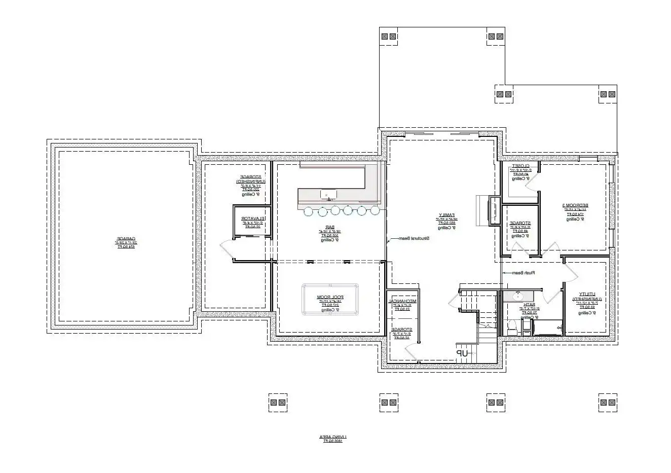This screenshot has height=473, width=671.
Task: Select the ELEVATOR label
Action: point(252,219)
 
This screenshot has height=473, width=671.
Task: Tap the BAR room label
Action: point(322,228)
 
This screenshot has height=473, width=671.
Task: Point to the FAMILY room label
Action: point(446,214)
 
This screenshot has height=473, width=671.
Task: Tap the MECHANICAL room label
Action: point(402,301)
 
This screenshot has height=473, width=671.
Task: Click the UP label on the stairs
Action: point(461,353)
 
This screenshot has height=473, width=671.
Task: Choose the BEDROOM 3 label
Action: point(572,206)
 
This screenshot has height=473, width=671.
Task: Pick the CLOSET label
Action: point(520,166)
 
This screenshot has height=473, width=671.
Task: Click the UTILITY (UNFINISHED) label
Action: point(586,297)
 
